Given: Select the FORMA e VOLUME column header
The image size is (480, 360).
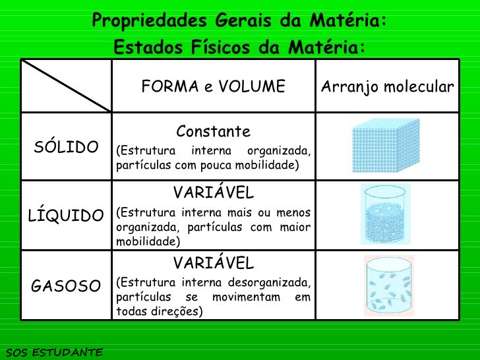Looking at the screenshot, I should tap(214, 86).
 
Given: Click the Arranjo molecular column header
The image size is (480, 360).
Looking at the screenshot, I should tap(387, 86).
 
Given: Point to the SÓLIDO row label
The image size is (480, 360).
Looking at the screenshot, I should tap(66, 146).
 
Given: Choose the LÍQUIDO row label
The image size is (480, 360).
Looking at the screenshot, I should tap(66, 216).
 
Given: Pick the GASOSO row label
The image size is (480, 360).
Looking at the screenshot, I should tap(66, 285).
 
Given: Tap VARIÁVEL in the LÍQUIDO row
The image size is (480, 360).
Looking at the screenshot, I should tap(214, 193).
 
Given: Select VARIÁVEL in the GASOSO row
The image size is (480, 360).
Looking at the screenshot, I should tap(214, 263).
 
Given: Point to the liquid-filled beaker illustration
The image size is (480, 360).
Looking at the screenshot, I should tap(386, 214).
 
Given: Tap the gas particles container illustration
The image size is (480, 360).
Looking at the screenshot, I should tap(387, 285).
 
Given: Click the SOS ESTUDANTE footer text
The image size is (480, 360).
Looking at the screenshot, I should tap(52, 353).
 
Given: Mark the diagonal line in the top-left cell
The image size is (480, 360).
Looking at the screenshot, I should tap(66, 86).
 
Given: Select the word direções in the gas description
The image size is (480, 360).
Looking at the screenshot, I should tap(175, 311).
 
